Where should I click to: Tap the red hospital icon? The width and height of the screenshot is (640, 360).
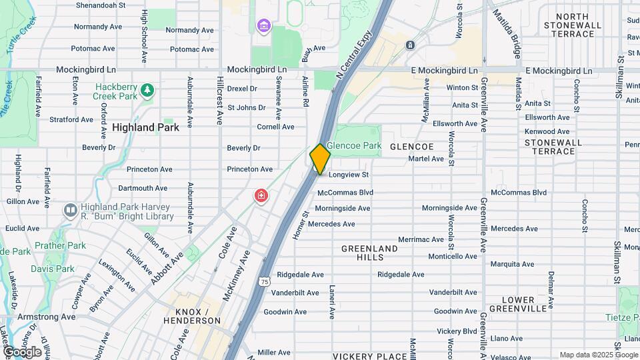tap(261, 196)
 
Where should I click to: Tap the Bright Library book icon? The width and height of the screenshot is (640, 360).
tap(70, 211)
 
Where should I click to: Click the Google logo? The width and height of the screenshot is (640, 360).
tap(23, 351)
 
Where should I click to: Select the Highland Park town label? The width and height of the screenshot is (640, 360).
tap(145, 127)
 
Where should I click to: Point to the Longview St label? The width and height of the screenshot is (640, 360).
tap(347, 175)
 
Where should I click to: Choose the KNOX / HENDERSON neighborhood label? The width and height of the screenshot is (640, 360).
tap(197, 316)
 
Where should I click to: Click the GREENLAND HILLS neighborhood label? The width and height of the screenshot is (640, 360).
tap(369, 253)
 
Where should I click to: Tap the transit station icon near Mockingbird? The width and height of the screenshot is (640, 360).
tap(409, 45)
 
